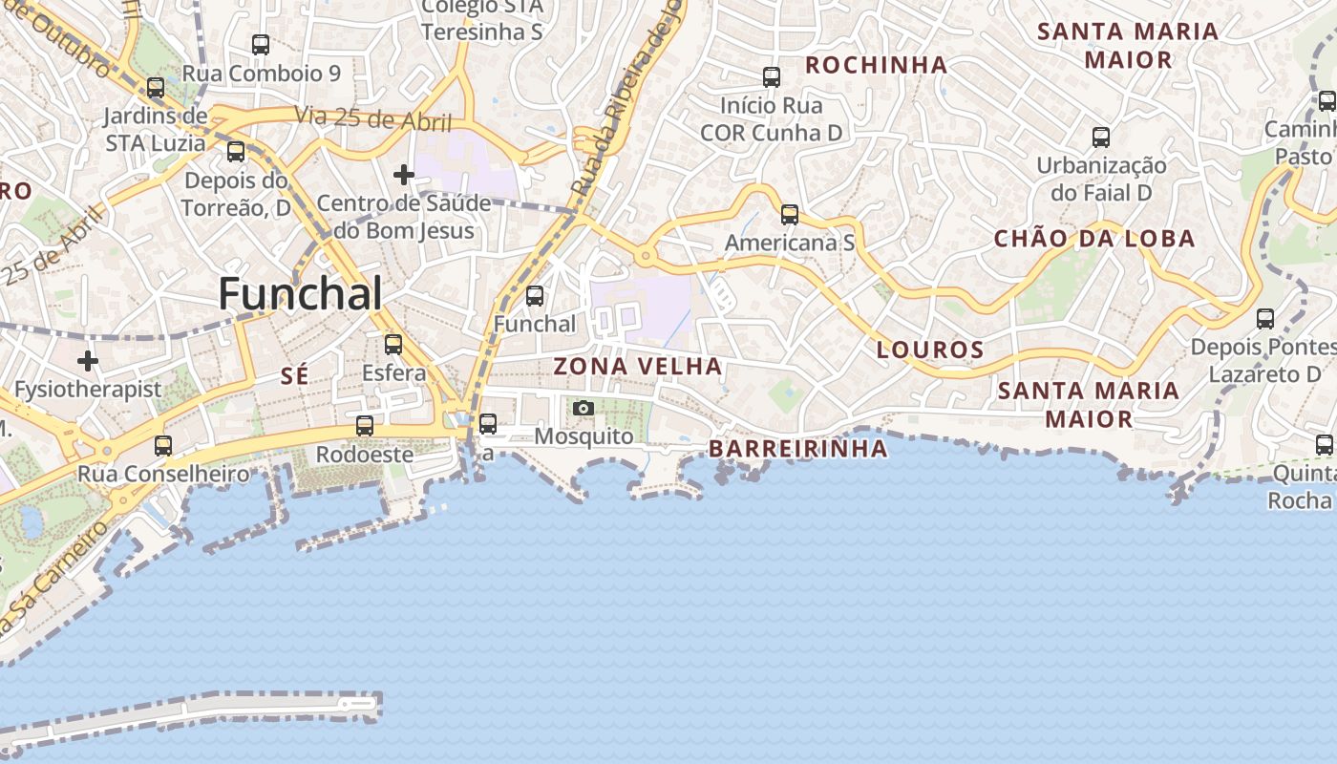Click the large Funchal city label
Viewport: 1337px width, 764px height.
pyautogui.click(x=300, y=294)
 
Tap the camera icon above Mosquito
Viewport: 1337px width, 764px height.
pyautogui.click(x=583, y=409)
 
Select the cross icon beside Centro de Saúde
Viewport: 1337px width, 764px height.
pyautogui.click(x=404, y=175)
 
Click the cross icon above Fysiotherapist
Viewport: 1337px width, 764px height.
pyautogui.click(x=88, y=361)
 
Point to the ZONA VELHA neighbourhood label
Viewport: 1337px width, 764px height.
pyautogui.click(x=638, y=367)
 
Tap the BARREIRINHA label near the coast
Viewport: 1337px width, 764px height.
pyautogui.click(x=797, y=449)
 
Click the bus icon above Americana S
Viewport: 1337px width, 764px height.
pyautogui.click(x=790, y=215)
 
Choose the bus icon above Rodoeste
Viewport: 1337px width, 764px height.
pyautogui.click(x=365, y=426)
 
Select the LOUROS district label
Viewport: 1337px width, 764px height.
pyautogui.click(x=930, y=350)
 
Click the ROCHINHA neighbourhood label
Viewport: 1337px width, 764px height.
pyautogui.click(x=877, y=65)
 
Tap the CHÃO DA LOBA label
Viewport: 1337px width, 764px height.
pyautogui.click(x=1094, y=239)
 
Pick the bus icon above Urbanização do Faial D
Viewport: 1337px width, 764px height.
pyautogui.click(x=1101, y=138)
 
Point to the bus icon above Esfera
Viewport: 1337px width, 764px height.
pyautogui.click(x=393, y=345)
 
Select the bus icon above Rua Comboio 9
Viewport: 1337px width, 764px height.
pyautogui.click(x=261, y=44)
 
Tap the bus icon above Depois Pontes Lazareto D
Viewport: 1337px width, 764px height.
pyautogui.click(x=1265, y=319)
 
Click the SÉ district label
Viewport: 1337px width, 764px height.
pyautogui.click(x=295, y=377)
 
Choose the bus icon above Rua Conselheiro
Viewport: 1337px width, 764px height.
pyautogui.click(x=163, y=445)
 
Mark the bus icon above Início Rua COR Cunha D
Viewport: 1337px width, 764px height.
pyautogui.click(x=772, y=77)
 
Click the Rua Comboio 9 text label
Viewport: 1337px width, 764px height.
pyautogui.click(x=261, y=74)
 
